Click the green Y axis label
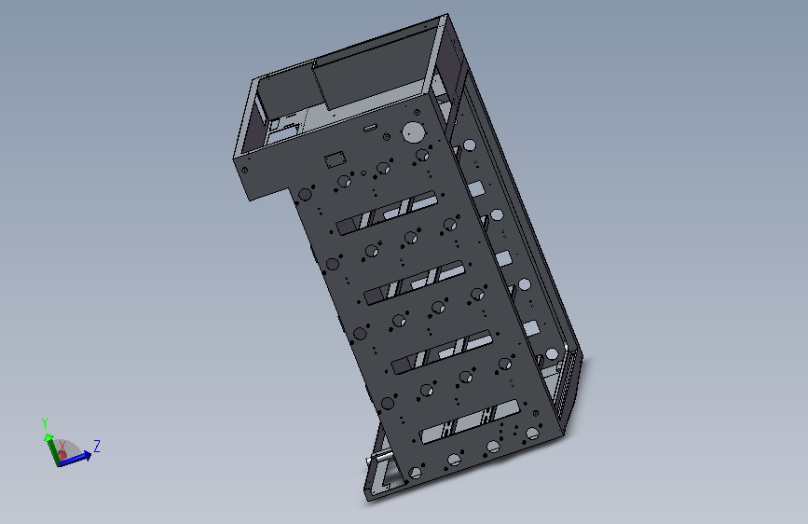point(45,423)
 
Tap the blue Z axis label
point(96,446)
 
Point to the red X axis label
point(62,447)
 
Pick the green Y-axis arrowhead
point(48,438)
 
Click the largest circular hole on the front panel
point(412,132)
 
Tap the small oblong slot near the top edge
point(370,128)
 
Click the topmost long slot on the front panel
point(387,213)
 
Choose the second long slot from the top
point(415,283)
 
